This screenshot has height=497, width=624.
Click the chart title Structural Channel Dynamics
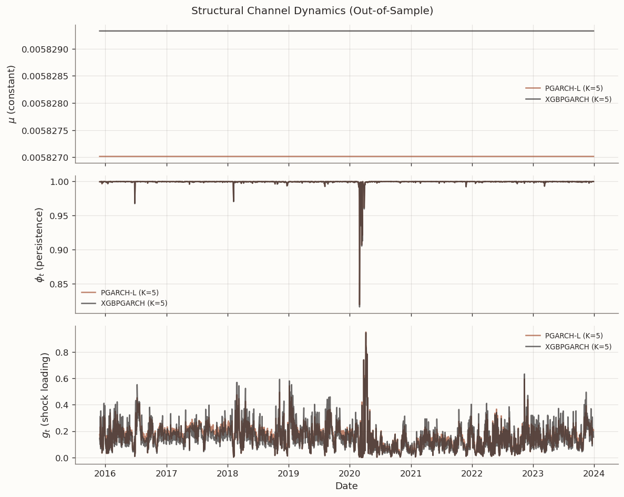tap(312, 11)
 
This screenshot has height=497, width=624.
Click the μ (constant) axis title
tap(12, 94)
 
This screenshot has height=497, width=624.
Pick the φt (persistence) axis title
tap(39, 245)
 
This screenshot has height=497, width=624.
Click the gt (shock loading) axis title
tap(45, 395)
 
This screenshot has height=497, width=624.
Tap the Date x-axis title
tap(346, 486)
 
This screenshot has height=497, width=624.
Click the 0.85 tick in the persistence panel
tap(59, 284)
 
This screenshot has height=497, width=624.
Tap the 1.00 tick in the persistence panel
tap(59, 182)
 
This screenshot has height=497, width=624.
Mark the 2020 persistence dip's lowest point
tap(360, 306)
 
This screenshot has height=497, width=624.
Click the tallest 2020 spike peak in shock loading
tap(365, 333)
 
